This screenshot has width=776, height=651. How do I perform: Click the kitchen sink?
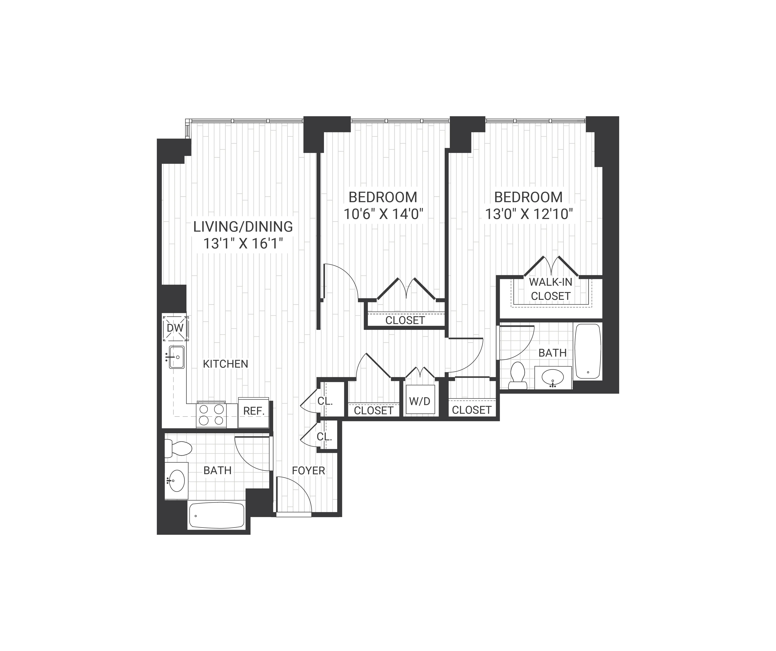[177, 357]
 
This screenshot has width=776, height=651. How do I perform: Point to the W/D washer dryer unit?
[420, 401]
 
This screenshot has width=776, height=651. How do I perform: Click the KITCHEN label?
[225, 364]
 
